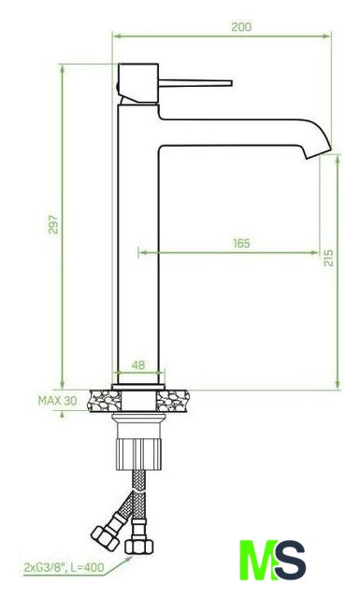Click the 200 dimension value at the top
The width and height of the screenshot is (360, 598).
click(241, 27)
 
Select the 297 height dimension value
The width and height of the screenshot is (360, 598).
click(53, 224)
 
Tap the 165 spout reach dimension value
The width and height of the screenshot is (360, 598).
click(241, 243)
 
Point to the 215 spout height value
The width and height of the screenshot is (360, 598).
click(328, 258)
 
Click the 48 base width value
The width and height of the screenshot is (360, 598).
click(138, 365)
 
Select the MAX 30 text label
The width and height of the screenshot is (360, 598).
click(57, 401)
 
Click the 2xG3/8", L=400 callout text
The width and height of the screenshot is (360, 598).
click(64, 567)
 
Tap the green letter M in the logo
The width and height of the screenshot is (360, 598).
click(258, 560)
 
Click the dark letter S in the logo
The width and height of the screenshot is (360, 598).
click(291, 560)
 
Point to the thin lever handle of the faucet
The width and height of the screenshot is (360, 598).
click(195, 83)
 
